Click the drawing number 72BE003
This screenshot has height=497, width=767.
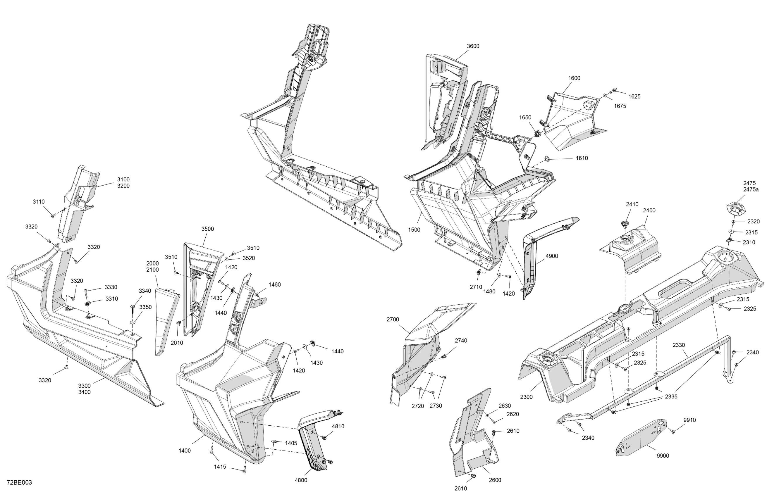tap(19, 482)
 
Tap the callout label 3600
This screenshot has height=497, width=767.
tap(473, 46)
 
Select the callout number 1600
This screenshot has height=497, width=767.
tap(574, 78)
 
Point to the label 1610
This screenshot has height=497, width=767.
tap(582, 158)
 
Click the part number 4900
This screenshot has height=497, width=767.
tap(552, 256)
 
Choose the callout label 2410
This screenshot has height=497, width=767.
tap(632, 204)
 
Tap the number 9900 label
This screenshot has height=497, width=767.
tap(663, 456)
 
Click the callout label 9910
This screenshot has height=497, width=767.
tap(690, 420)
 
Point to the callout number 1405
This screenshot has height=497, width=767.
tap(291, 443)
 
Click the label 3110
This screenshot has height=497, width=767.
tap(39, 202)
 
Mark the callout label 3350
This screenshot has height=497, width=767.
tap(145, 307)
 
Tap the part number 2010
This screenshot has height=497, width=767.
tap(177, 343)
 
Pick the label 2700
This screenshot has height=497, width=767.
tap(393, 320)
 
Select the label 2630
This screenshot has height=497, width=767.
tap(505, 406)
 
